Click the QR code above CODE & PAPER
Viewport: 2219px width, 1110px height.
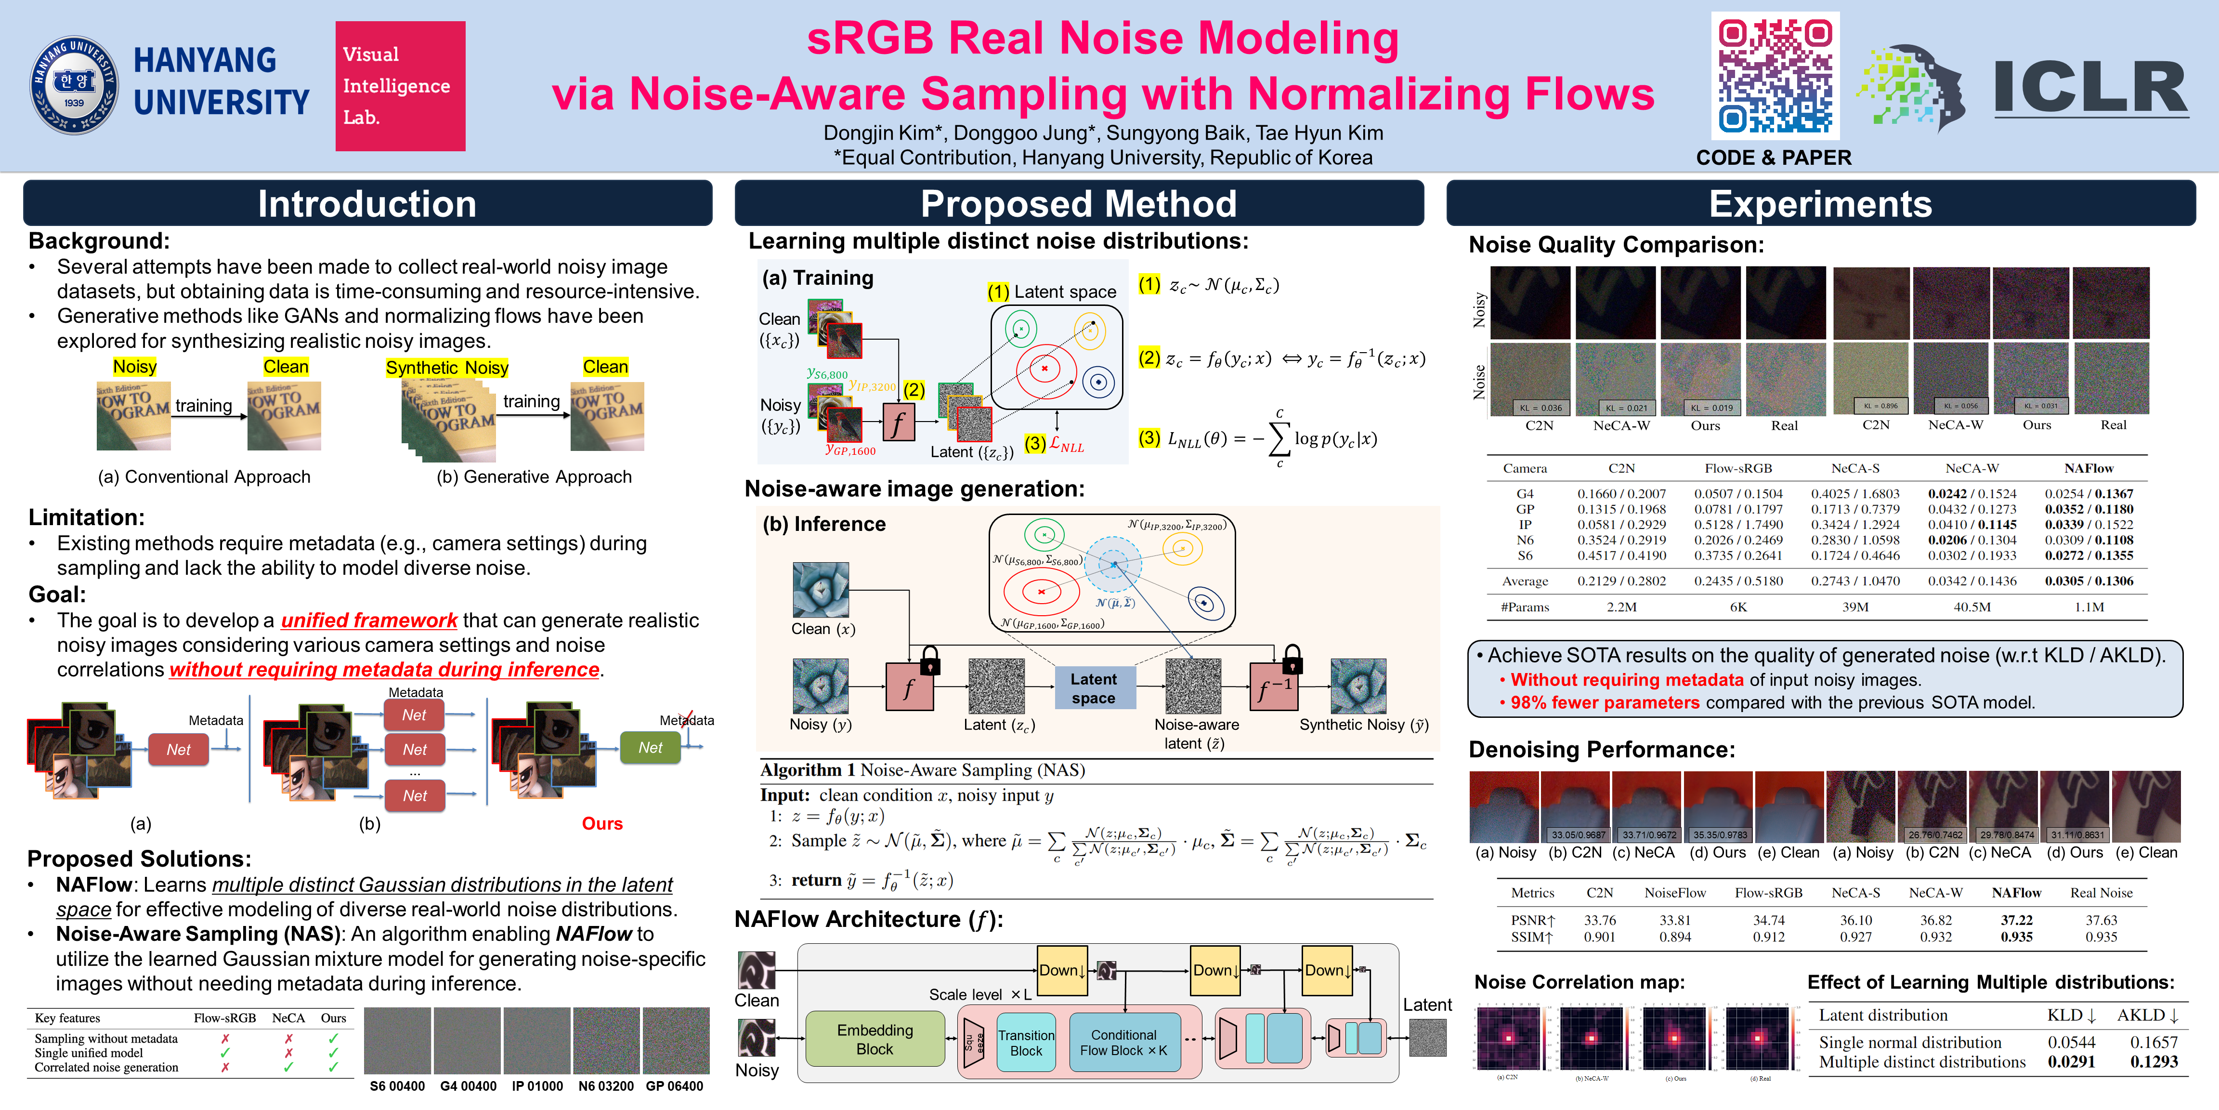1775,76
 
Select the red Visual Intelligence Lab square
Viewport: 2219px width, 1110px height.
400,86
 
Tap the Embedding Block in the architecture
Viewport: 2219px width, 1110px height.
875,1039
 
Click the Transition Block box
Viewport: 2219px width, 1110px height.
1025,1043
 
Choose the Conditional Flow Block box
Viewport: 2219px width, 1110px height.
1123,1043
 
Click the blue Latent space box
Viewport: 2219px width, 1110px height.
1093,688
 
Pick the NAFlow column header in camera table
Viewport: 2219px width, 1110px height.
2088,468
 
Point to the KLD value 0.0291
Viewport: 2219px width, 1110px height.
2071,1062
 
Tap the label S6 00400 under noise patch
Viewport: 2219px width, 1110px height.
397,1086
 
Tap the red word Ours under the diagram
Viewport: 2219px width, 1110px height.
602,823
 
